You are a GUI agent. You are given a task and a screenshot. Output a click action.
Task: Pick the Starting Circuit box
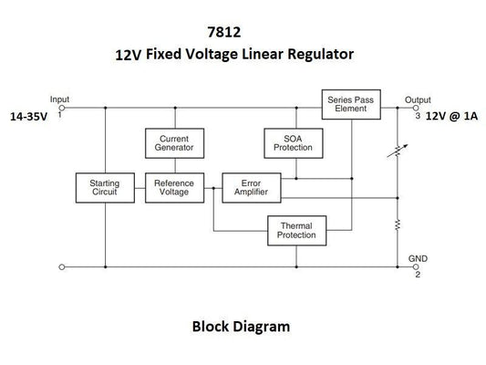coord(105,187)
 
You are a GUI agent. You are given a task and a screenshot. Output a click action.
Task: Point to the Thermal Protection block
coord(295,230)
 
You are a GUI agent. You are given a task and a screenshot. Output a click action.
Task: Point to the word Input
coord(60,99)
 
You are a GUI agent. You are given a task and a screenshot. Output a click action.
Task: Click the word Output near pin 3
coord(418,99)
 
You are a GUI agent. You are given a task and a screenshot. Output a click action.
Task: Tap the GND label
coord(418,258)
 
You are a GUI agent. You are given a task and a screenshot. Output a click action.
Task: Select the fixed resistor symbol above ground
coord(398,224)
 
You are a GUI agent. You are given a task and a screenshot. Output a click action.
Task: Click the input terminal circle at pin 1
coord(61,108)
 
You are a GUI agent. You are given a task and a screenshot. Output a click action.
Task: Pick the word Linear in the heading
coord(258,56)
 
